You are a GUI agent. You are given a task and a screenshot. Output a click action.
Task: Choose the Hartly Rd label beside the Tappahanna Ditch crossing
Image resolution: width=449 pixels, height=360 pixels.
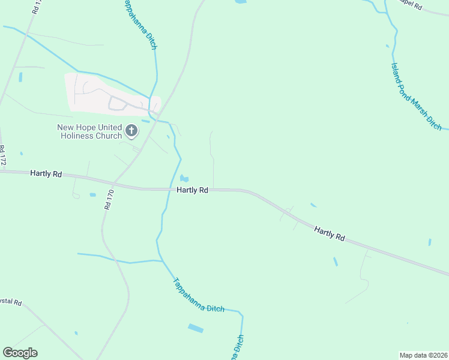point(192,190)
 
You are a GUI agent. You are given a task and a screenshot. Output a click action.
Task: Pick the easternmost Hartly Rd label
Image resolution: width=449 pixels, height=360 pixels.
point(329,234)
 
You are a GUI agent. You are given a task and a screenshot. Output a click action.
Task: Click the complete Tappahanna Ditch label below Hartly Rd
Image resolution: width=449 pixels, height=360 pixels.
point(198,295)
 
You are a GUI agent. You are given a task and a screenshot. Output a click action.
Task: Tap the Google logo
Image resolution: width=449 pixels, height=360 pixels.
point(20,353)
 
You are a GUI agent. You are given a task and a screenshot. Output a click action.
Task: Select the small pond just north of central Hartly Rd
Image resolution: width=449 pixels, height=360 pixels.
point(184,178)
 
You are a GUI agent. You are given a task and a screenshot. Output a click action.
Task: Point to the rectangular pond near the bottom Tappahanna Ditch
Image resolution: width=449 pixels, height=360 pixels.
point(195,328)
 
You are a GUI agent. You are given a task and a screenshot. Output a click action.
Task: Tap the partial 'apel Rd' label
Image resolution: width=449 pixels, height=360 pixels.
point(413,6)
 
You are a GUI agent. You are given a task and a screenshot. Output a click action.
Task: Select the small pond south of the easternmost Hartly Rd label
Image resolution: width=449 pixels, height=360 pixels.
point(335,262)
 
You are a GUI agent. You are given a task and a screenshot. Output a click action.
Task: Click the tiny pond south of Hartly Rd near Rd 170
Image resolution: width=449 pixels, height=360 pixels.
point(92,194)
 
